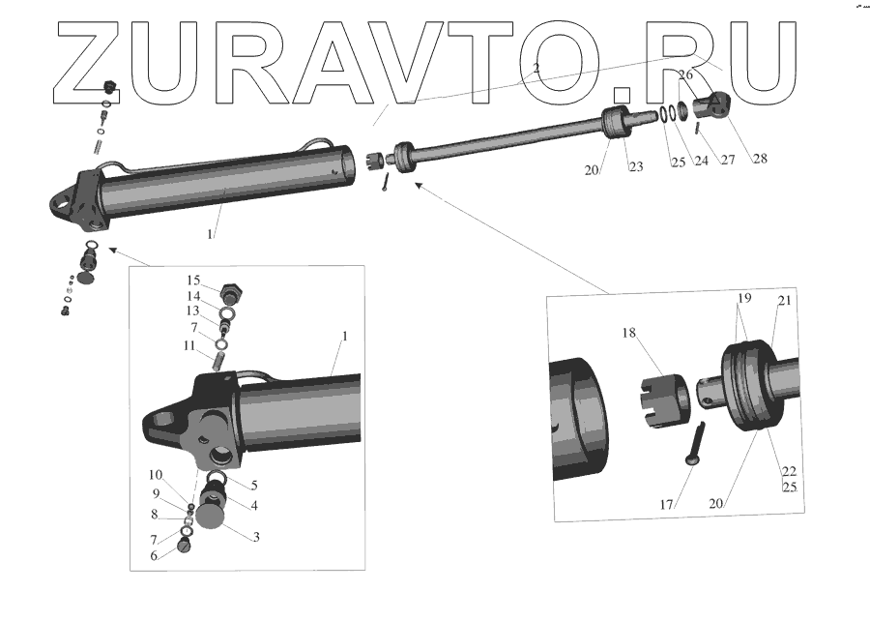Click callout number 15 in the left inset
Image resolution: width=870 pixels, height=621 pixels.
pos(194,281)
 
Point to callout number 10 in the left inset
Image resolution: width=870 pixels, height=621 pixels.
pos(156,475)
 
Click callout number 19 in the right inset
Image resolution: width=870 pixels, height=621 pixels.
pos(743,300)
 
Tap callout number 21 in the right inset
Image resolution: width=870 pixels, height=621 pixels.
pos(784,301)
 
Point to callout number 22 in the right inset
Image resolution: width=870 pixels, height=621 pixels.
pos(789,471)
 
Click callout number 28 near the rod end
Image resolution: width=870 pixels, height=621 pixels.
pos(760,159)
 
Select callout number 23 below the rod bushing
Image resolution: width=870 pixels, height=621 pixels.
pos(635,166)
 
